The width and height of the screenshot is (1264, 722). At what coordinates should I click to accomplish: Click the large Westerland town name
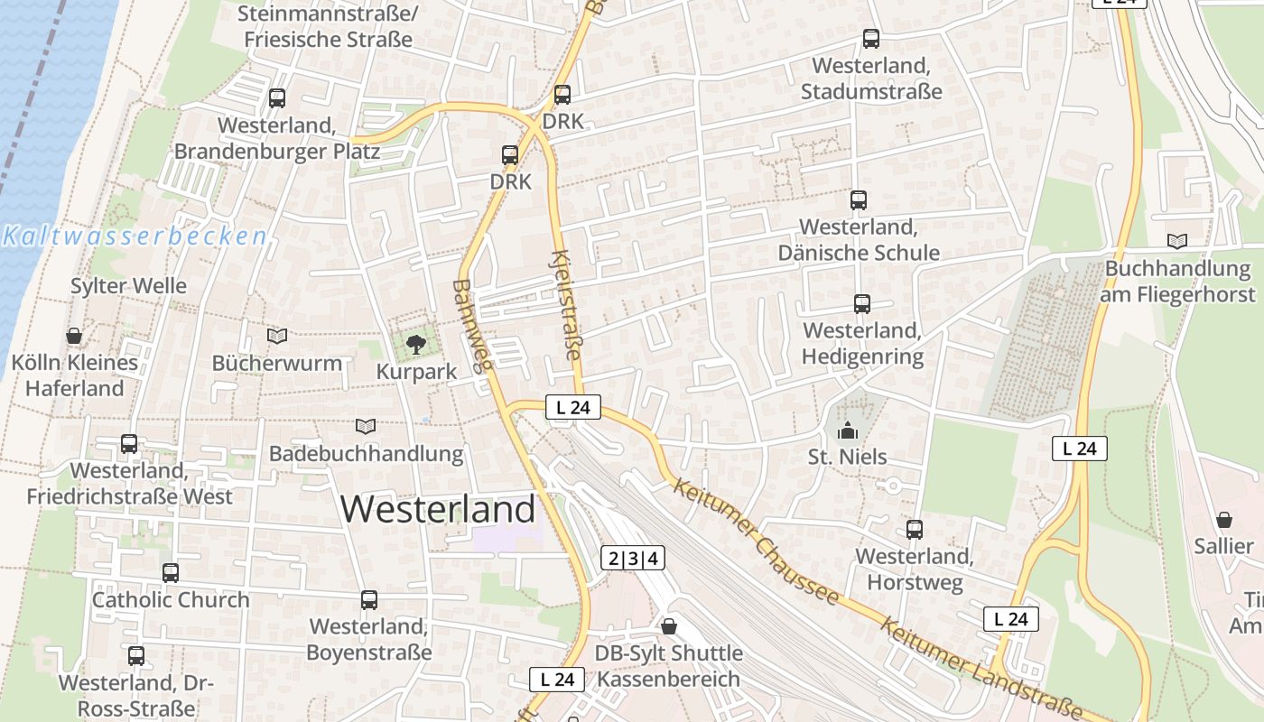pyautogui.click(x=438, y=510)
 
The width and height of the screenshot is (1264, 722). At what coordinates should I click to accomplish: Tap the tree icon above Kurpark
pyautogui.click(x=415, y=344)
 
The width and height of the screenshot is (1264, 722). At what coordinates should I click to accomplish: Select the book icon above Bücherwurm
pyautogui.click(x=277, y=337)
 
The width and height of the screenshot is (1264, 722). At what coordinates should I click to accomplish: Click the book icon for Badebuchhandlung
pyautogui.click(x=366, y=426)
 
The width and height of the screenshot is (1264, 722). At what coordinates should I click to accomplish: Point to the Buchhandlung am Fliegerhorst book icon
pyautogui.click(x=1177, y=241)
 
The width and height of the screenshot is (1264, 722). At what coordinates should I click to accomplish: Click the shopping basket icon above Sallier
pyautogui.click(x=1223, y=520)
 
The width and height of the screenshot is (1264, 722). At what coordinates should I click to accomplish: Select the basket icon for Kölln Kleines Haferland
pyautogui.click(x=74, y=336)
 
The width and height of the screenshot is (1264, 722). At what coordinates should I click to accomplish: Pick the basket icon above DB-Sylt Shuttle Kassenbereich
pyautogui.click(x=669, y=626)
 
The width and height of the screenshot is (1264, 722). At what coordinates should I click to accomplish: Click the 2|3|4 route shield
pyautogui.click(x=633, y=559)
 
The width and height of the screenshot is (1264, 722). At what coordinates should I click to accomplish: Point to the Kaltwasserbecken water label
pyautogui.click(x=135, y=237)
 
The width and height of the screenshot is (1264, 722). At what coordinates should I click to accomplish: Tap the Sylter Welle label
pyautogui.click(x=129, y=286)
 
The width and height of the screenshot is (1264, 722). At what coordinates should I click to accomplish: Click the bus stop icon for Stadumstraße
pyautogui.click(x=870, y=39)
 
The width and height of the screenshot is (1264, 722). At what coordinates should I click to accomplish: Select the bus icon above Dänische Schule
pyautogui.click(x=858, y=200)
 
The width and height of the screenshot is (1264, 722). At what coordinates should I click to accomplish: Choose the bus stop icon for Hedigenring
pyautogui.click(x=861, y=304)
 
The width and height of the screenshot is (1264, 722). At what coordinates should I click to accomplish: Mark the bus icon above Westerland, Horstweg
pyautogui.click(x=915, y=530)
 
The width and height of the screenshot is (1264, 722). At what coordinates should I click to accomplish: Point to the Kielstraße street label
pyautogui.click(x=567, y=304)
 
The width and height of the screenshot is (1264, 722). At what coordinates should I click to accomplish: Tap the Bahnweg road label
pyautogui.click(x=472, y=326)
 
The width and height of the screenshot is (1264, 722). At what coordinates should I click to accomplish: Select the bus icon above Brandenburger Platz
pyautogui.click(x=277, y=98)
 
